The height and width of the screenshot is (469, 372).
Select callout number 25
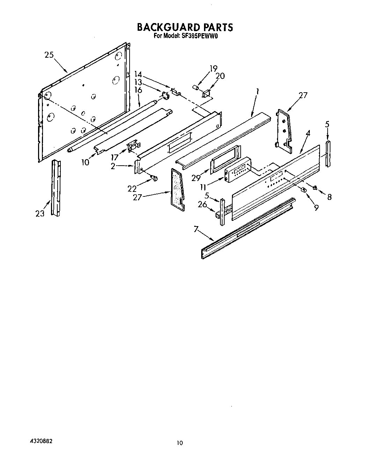click(x=49, y=55)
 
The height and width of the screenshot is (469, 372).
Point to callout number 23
click(x=40, y=213)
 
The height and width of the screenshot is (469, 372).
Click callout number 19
click(x=213, y=68)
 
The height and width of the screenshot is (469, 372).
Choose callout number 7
click(x=196, y=229)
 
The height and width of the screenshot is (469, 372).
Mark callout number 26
click(x=203, y=205)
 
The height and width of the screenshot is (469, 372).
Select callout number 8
click(x=329, y=197)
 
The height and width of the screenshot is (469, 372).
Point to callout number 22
click(x=132, y=189)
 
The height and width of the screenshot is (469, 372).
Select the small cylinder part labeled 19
click(x=196, y=86)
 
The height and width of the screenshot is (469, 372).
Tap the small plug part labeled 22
click(x=154, y=179)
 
